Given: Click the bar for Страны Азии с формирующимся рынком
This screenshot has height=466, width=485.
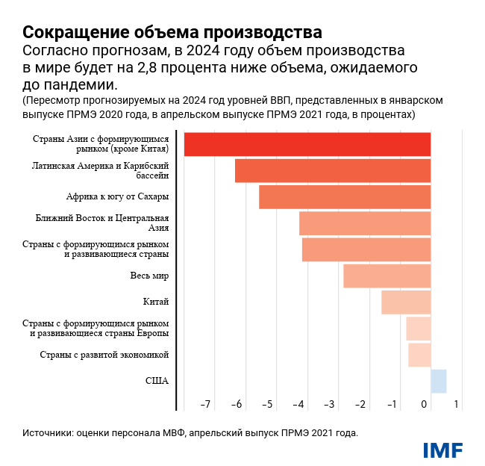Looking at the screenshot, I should [307, 144].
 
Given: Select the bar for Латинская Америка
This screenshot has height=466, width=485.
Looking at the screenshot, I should [333, 171].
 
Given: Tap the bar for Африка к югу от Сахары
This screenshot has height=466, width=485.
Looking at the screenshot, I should [345, 197].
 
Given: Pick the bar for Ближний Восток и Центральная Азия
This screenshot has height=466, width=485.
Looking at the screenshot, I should [365, 223].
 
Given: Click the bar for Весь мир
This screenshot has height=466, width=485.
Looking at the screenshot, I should [387, 276].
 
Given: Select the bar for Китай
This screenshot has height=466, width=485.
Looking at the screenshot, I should [406, 302].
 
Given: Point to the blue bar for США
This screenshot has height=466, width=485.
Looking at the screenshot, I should [439, 381].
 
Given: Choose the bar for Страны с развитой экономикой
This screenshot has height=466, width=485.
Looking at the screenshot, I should [419, 355].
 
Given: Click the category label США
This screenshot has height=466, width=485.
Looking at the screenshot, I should [157, 381].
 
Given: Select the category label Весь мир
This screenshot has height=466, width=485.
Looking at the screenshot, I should [149, 276].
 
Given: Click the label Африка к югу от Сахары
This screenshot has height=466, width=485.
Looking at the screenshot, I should [117, 197].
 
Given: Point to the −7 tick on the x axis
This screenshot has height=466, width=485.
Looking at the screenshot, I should [205, 405].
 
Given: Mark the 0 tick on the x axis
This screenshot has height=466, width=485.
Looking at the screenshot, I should [425, 405].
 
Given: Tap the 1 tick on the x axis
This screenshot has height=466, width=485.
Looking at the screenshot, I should [456, 405].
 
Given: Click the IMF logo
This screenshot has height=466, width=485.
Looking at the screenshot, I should [442, 450].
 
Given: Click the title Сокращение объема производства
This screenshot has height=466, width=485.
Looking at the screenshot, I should [172, 33].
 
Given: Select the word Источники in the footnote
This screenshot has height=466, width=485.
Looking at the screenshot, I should [47, 432].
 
